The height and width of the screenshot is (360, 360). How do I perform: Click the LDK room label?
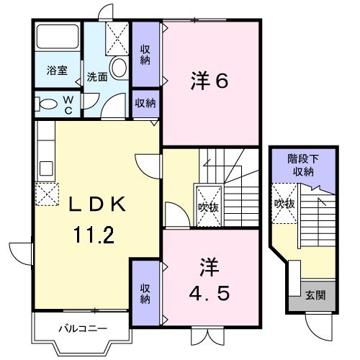(98, 204)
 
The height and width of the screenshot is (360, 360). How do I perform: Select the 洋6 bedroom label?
(210, 81)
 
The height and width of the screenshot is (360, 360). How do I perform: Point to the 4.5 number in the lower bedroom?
(210, 294)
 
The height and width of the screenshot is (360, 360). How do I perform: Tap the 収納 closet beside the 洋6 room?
(145, 54)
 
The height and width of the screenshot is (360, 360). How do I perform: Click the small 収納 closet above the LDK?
(145, 104)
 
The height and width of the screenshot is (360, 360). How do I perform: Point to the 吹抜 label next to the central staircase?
(209, 207)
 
